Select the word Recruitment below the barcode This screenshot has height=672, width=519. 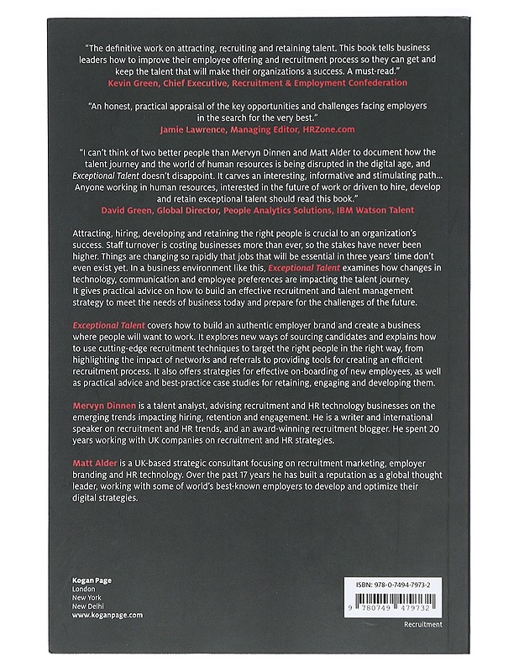422,625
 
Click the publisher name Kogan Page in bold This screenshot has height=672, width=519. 92,580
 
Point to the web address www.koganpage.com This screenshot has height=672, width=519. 107,615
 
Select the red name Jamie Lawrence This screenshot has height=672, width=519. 190,131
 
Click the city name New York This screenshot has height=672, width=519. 88,598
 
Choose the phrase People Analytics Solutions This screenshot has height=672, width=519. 274,209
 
